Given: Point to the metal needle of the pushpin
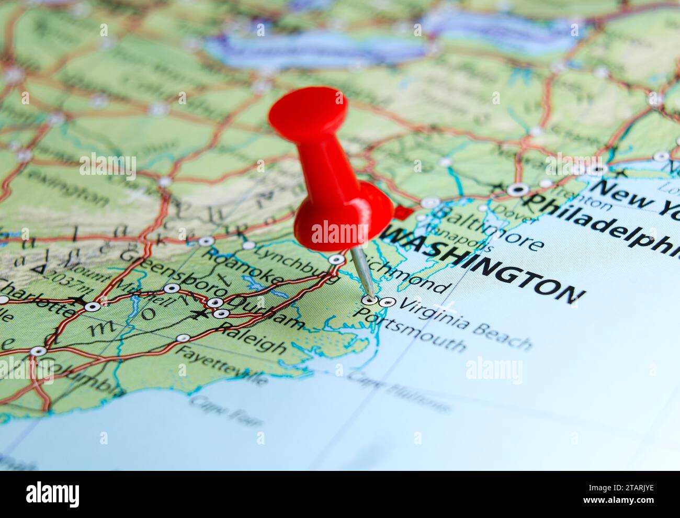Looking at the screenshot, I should (x=364, y=272).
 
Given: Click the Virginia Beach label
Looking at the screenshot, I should (x=466, y=324).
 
